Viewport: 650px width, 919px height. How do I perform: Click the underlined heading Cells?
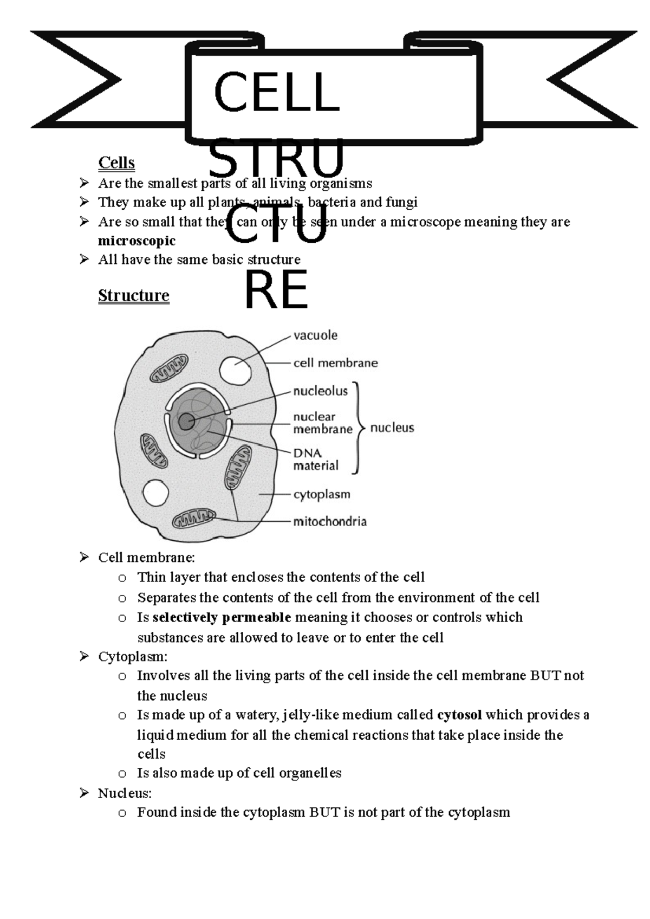(116, 163)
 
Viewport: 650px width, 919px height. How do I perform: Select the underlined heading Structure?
(134, 295)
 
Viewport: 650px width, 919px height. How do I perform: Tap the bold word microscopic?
(137, 241)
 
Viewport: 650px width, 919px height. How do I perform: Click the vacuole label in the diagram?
(315, 335)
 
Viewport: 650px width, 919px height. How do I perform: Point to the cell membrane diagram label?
(335, 363)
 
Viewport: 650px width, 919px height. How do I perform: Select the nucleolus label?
(320, 391)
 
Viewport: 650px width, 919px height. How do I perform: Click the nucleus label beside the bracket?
(392, 428)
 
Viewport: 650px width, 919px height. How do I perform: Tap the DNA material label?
(315, 459)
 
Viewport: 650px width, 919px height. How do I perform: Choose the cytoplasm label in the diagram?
(322, 494)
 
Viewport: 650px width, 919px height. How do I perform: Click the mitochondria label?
(330, 522)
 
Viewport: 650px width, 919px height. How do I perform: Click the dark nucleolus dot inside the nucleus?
(186, 421)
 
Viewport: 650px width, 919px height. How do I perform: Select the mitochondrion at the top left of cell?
(169, 368)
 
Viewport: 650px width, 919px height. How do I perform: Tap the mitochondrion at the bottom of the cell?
(194, 519)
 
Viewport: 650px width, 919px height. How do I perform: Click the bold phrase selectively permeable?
(222, 618)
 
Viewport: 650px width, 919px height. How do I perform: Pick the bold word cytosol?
(459, 715)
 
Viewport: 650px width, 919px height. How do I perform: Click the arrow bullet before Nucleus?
(84, 793)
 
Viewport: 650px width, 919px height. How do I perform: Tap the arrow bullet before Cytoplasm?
(84, 657)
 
